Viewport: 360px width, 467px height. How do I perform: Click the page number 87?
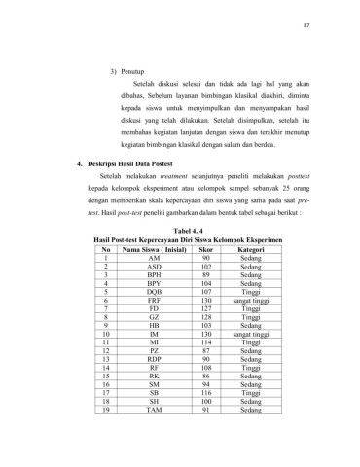(335, 24)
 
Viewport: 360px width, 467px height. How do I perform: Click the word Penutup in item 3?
(142, 73)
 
